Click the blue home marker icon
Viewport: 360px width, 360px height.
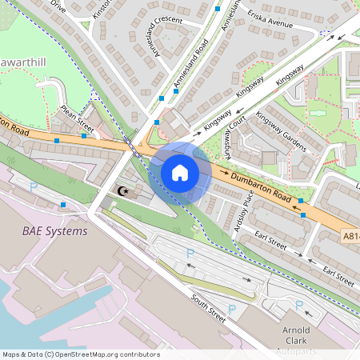[x=180, y=172]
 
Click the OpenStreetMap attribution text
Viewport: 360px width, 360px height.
[x=80, y=354]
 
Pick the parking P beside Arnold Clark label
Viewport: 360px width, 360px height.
[x=298, y=304]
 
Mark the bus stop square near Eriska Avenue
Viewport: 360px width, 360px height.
[x=322, y=33]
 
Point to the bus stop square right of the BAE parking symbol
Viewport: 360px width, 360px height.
[x=63, y=205]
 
